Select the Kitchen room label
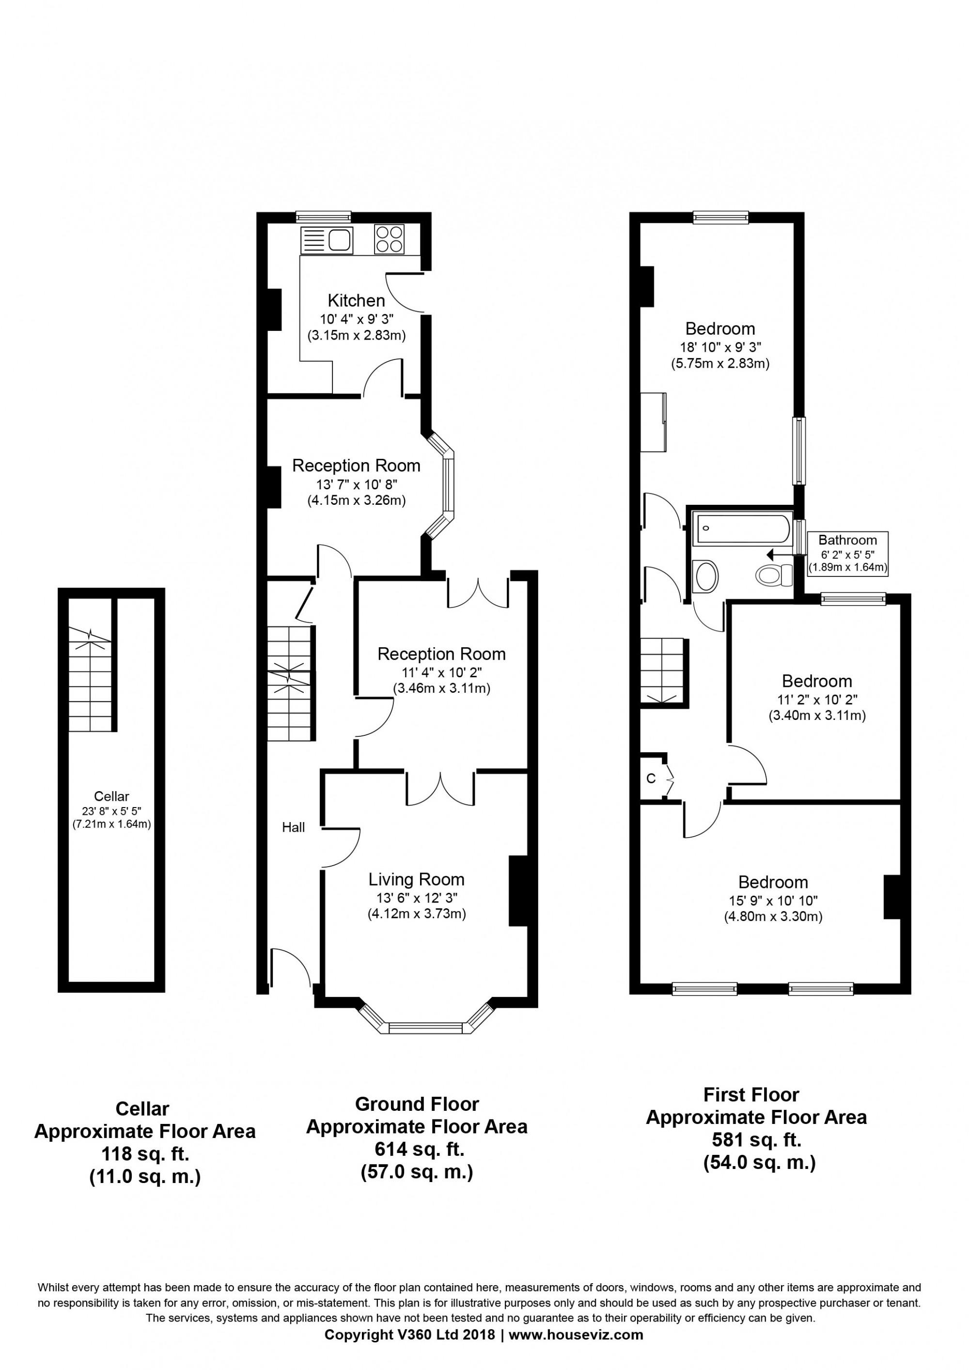356,300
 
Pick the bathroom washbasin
706,576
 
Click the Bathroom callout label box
847,553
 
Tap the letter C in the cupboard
651,778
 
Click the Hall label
294,827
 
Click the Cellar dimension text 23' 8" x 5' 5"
111,811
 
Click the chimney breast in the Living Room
518,891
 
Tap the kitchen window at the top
323,217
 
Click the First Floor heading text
751,1095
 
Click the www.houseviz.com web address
576,1352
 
